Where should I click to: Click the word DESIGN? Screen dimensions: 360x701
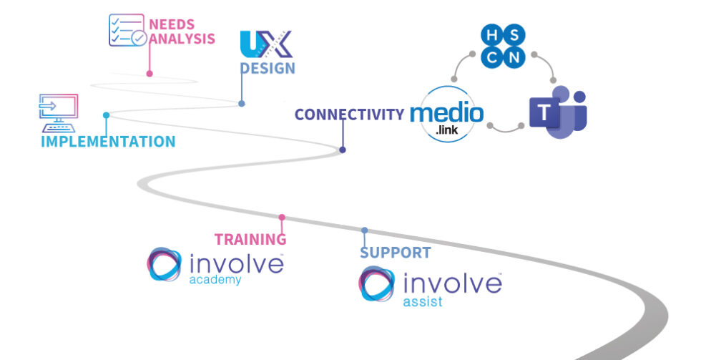click(267, 69)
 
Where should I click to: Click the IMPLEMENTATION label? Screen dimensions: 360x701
click(108, 142)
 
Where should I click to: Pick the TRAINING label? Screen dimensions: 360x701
click(250, 240)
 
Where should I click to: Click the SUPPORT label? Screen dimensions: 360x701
click(395, 253)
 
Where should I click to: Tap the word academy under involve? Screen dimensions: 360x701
click(215, 280)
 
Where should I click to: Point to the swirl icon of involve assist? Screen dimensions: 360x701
click(377, 284)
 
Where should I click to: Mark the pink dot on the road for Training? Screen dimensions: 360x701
click(282, 217)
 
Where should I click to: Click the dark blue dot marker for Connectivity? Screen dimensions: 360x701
click(343, 150)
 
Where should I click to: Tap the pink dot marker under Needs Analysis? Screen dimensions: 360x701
click(149, 73)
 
